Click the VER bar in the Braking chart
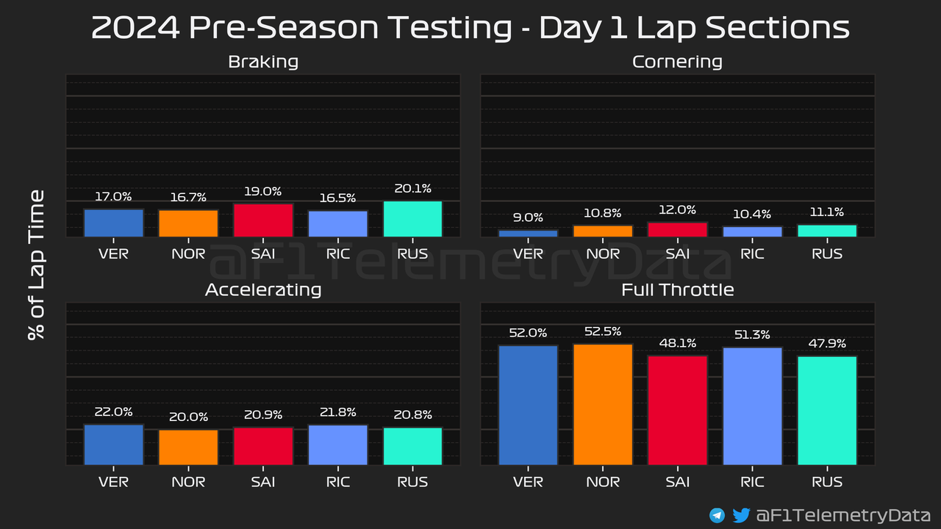click(x=113, y=223)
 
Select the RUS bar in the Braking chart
click(x=412, y=219)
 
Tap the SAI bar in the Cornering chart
click(x=677, y=229)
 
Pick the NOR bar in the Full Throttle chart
click(x=603, y=404)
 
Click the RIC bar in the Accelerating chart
click(x=337, y=445)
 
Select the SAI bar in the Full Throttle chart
click(x=677, y=410)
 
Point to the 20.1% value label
click(x=412, y=189)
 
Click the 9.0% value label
click(x=528, y=217)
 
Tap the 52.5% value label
click(x=603, y=331)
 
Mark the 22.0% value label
click(x=113, y=412)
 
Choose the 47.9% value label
click(x=826, y=344)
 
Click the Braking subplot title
click(x=263, y=62)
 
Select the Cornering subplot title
click(x=677, y=62)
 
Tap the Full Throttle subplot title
click(x=677, y=289)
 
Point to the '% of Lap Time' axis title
click(x=36, y=264)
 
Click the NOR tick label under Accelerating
click(x=188, y=482)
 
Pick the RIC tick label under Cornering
click(x=752, y=254)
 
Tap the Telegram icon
click(x=717, y=516)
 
